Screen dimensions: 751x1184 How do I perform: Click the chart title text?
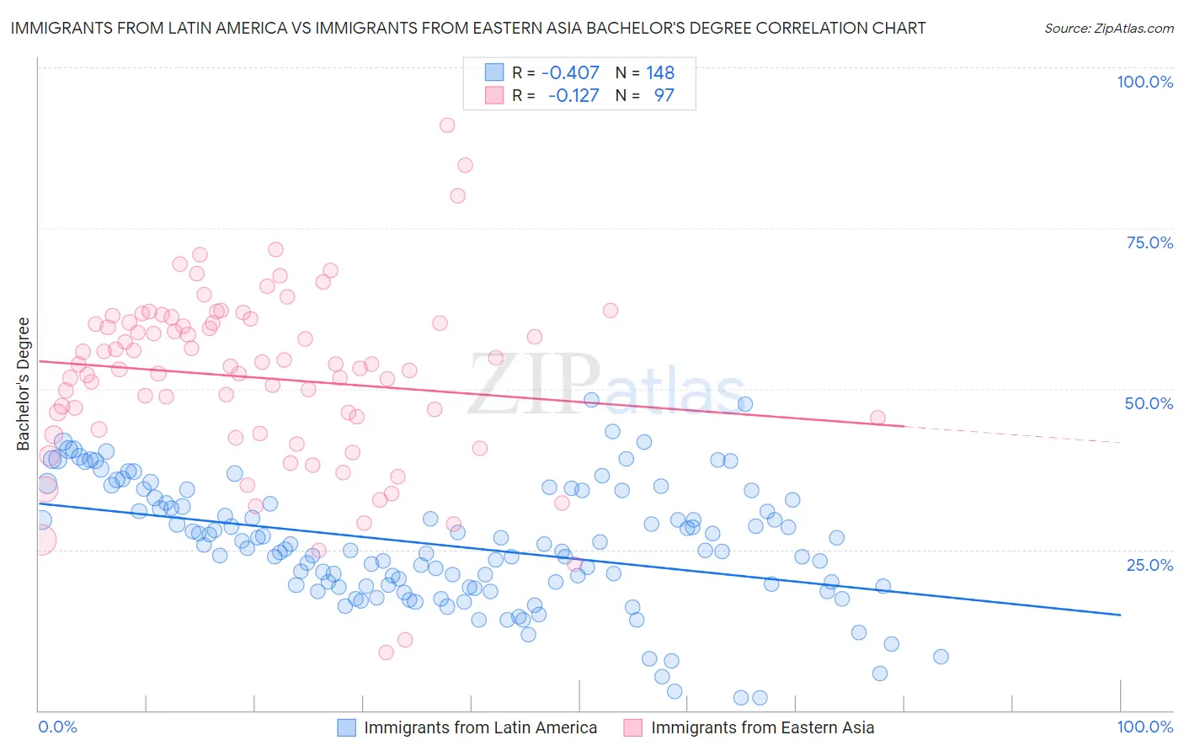pyautogui.click(x=468, y=29)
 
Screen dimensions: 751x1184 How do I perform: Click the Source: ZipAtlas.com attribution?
pyautogui.click(x=1108, y=29)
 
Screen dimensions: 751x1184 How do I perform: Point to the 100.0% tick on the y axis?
pyautogui.click(x=1144, y=82)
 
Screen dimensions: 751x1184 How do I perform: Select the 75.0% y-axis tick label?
pyautogui.click(x=1149, y=242)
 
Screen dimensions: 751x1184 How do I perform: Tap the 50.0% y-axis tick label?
pyautogui.click(x=1149, y=403)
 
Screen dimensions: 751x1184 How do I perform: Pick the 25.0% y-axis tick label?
pyautogui.click(x=1149, y=565)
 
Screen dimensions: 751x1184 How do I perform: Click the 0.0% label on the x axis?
pyautogui.click(x=58, y=727)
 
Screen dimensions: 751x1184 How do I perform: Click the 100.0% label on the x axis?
pyautogui.click(x=1144, y=727)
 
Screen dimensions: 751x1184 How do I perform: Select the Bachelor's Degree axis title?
pyautogui.click(x=24, y=383)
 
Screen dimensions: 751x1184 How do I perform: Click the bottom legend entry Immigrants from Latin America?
pyautogui.click(x=480, y=727)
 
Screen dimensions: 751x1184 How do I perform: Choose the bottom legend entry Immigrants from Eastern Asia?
pyautogui.click(x=762, y=727)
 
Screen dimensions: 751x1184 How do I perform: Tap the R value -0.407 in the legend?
pyautogui.click(x=570, y=73)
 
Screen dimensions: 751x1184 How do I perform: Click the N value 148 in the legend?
pyautogui.click(x=660, y=73)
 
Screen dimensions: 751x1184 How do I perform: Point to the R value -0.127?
pyautogui.click(x=573, y=95)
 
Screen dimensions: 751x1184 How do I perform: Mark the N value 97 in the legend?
pyautogui.click(x=664, y=95)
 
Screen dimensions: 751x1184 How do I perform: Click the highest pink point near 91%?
pyautogui.click(x=447, y=125)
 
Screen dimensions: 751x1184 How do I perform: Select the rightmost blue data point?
pyautogui.click(x=941, y=657)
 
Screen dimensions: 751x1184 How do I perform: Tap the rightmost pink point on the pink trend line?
pyautogui.click(x=877, y=418)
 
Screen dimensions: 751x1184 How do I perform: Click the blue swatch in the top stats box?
pyautogui.click(x=493, y=73)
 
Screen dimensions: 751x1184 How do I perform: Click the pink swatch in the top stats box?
pyautogui.click(x=493, y=95)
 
